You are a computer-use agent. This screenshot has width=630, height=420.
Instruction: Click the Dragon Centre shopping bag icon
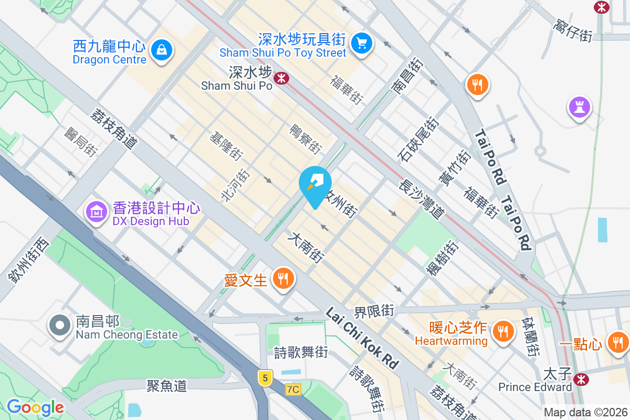click(161, 50)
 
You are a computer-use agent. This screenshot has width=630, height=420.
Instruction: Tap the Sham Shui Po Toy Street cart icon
click(361, 43)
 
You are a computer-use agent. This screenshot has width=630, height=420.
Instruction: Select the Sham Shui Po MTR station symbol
click(282, 78)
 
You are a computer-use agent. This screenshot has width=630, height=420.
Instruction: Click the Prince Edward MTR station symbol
click(581, 379)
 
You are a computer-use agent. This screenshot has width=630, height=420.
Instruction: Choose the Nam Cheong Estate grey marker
click(60, 325)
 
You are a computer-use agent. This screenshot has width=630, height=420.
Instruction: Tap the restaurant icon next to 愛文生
click(283, 278)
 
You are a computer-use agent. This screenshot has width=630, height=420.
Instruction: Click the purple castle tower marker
click(579, 107)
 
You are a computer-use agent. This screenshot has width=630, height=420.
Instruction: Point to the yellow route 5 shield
click(266, 377)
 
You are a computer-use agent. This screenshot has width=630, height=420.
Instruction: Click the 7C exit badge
click(293, 389)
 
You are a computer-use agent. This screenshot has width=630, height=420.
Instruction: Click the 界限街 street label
click(374, 311)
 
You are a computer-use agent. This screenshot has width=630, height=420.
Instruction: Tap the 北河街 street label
click(234, 185)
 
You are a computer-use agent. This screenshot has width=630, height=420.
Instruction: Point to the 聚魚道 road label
click(167, 386)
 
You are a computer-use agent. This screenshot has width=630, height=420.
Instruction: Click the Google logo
click(35, 407)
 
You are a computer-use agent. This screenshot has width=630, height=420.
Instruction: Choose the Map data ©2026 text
click(585, 413)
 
